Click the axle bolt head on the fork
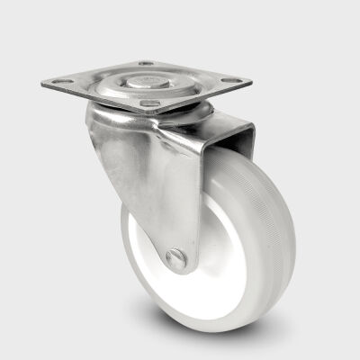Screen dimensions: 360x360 (177, 259)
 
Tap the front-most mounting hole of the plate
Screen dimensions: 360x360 (149, 103)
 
